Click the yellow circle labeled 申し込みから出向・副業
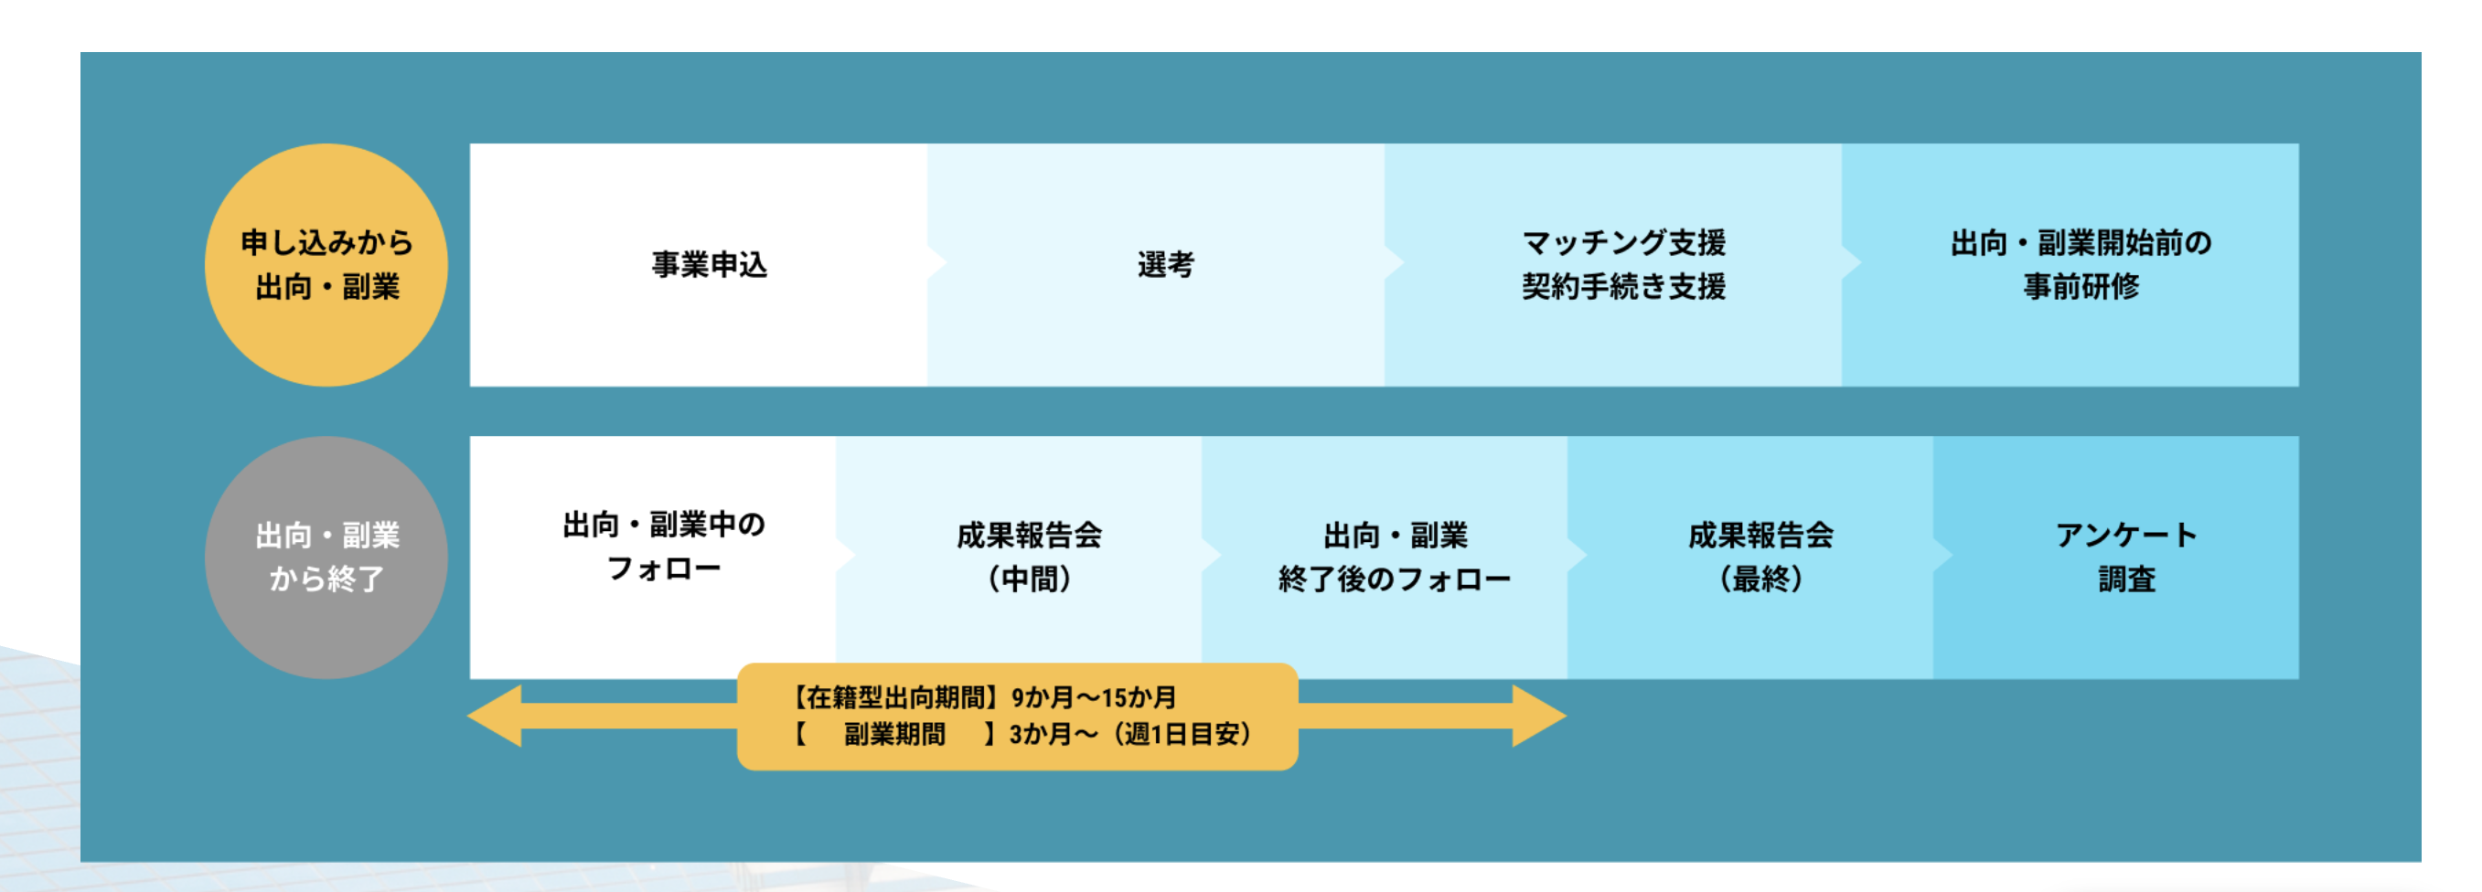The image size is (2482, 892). pos(326,265)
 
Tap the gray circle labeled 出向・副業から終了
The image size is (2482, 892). pos(326,557)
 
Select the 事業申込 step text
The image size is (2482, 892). pos(709,265)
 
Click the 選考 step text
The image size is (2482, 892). pos(1166,265)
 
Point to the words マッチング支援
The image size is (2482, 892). pos(1623,243)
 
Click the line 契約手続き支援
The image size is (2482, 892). pos(1623,287)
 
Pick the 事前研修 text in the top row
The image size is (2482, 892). pos(2081,287)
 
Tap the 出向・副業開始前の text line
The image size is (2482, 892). pos(2081,243)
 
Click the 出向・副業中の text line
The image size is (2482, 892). pos(664,525)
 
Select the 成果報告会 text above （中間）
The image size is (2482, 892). pos(1029,536)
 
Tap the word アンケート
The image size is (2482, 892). pos(2126,536)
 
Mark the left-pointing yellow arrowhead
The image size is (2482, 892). pos(497,716)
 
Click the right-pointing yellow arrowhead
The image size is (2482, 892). pos(1539,716)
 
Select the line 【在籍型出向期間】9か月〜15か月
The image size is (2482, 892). pos(983,697)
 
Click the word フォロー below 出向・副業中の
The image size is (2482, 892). pos(664,569)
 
